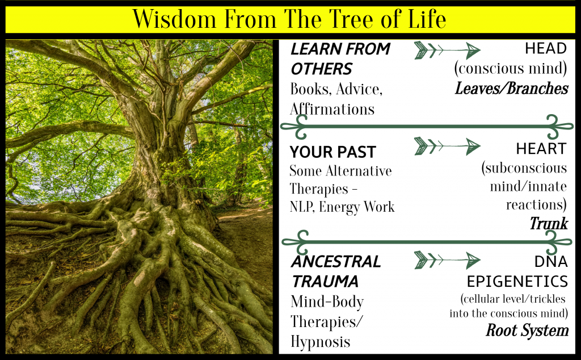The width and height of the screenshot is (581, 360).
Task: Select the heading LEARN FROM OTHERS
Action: point(340,58)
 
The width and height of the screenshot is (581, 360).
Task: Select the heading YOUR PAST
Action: point(332,152)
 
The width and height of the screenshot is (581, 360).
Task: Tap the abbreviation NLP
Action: point(301,207)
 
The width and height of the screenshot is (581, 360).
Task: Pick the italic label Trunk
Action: point(549,224)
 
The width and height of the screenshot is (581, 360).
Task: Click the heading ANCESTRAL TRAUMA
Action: point(335,271)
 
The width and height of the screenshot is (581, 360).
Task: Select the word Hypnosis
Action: point(320,342)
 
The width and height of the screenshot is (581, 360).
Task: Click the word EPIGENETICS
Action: point(517,281)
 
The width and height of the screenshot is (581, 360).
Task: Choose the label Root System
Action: point(527,330)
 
